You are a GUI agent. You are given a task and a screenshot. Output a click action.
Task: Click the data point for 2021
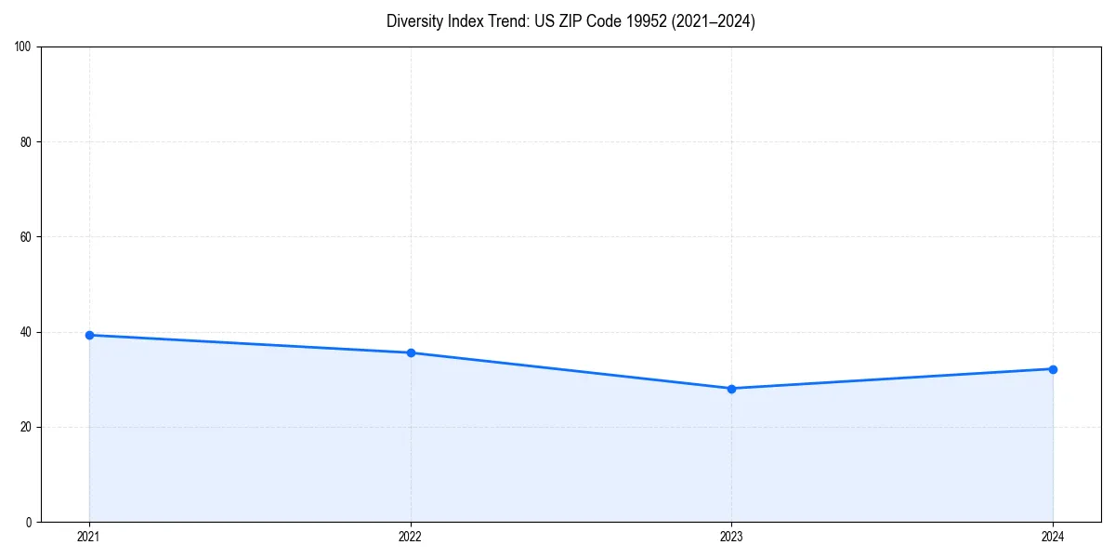pos(89,335)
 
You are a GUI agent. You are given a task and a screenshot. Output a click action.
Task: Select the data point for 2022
pos(411,352)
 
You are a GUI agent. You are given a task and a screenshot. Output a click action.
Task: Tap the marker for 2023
pos(731,389)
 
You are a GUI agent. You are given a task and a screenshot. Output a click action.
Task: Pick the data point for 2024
pos(1053,369)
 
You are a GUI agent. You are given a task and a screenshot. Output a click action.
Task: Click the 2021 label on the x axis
pos(89,537)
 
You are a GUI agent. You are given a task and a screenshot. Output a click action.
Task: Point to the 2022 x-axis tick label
pos(411,537)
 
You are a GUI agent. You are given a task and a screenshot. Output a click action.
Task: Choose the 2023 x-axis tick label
pos(731,537)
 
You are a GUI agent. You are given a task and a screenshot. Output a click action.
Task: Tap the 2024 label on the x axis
pos(1053,537)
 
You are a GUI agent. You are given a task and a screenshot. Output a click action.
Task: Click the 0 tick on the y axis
pos(30,522)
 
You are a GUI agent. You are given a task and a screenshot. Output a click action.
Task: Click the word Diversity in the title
pos(413,21)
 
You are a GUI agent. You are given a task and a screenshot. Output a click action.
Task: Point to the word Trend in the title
pos(503,21)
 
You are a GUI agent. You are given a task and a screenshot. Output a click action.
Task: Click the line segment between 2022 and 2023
pos(571,370)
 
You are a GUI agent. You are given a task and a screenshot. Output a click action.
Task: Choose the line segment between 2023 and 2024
pos(892,379)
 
